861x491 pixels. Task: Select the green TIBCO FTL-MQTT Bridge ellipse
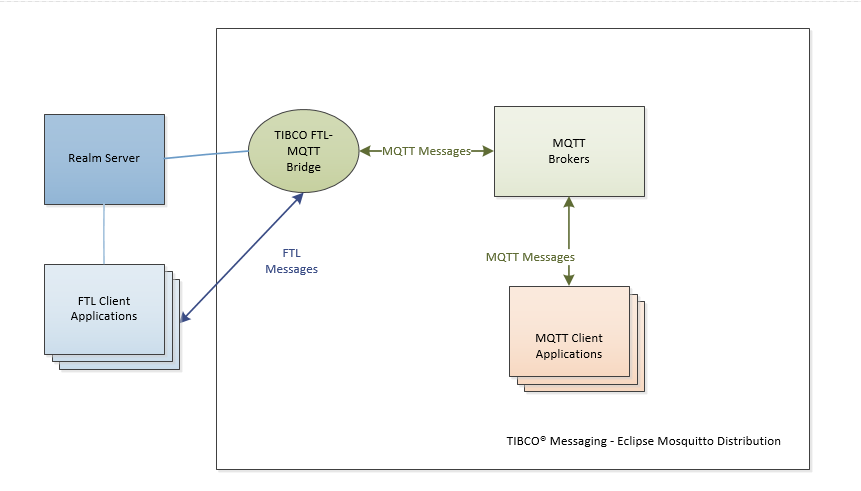coord(303,151)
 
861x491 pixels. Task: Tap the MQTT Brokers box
coord(569,151)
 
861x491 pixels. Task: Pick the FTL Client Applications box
coord(104,309)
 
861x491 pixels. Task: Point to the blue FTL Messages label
coord(291,261)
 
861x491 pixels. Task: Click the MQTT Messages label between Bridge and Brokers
coord(426,151)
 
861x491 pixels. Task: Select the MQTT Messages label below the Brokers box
coord(530,257)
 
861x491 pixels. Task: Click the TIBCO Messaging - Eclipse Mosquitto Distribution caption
coord(643,441)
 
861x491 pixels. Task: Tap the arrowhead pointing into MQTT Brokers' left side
coord(489,151)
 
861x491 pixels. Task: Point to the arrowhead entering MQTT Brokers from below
coord(569,201)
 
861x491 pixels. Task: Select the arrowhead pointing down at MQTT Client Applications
coord(569,281)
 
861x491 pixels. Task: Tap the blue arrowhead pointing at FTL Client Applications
coord(184,318)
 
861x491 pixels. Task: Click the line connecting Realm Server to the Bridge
coord(207,155)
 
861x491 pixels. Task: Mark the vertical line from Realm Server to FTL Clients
coord(104,234)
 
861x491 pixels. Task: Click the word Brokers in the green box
coord(569,159)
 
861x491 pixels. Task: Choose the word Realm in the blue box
coord(85,158)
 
